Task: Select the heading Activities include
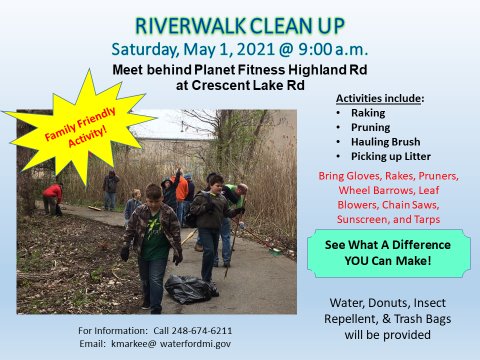click(x=379, y=99)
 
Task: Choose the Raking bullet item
click(x=370, y=113)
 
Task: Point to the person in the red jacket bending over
click(x=52, y=196)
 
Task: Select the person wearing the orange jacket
click(x=180, y=187)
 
